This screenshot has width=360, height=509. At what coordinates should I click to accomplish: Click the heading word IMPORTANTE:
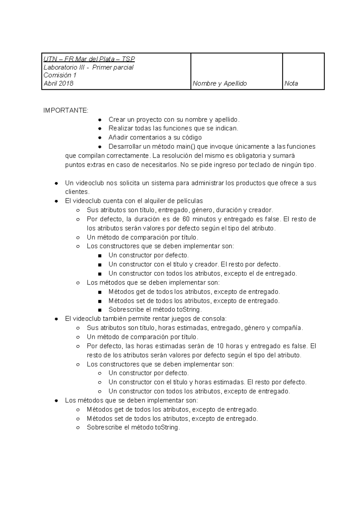[x=66, y=110]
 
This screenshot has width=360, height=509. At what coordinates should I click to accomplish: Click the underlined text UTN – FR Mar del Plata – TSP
[x=89, y=59]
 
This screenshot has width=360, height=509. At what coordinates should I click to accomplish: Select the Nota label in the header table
[x=291, y=84]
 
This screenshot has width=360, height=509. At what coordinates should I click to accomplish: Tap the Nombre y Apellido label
[x=220, y=84]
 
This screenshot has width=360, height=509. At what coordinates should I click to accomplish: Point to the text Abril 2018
[x=58, y=84]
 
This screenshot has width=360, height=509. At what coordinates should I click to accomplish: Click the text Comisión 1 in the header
[x=60, y=75]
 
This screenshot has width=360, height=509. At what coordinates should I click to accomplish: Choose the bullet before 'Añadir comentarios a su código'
[x=100, y=138]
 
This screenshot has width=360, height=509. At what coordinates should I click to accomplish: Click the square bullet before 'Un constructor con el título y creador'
[x=100, y=265]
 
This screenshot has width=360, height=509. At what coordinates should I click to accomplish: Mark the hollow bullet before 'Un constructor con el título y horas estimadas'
[x=100, y=382]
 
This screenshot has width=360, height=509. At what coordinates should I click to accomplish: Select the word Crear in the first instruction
[x=116, y=120]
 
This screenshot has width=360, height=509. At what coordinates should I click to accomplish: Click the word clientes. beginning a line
[x=77, y=192]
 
